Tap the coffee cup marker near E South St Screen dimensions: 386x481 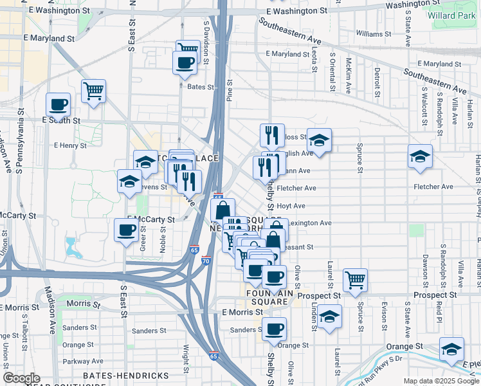point(58,105)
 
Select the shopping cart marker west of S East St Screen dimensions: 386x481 point(94,92)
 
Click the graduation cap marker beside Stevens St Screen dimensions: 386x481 point(129,181)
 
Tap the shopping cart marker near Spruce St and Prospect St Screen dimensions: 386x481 point(355,280)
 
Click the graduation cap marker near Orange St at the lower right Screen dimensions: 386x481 point(452,349)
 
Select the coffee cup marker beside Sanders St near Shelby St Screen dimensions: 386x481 point(275,329)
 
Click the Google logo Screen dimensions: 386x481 point(21,378)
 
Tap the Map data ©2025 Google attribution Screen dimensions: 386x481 point(441,381)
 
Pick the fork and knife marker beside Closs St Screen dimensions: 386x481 point(272,136)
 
